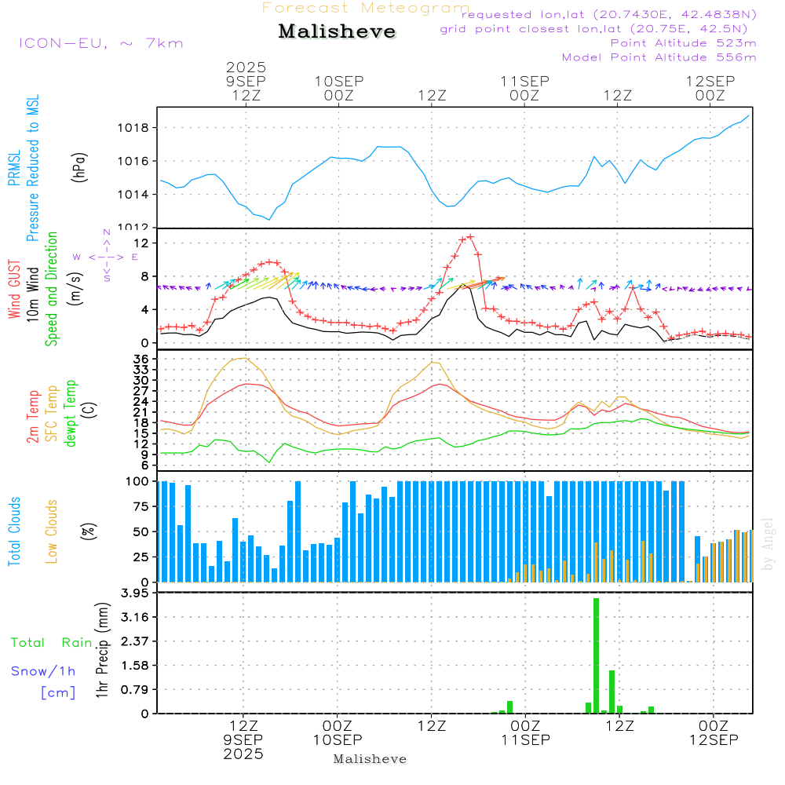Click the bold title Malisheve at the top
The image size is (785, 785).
point(337,31)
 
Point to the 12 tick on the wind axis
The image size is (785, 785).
point(143,243)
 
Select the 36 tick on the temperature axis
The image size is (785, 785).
point(141,359)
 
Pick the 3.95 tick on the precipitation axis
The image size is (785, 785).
point(134,593)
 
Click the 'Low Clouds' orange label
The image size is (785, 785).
point(53,531)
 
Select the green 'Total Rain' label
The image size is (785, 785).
point(51,643)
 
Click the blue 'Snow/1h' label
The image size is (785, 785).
point(43,671)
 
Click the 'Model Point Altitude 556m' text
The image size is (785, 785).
point(659,57)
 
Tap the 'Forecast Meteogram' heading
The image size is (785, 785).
point(366,8)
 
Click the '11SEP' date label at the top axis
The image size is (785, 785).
point(524,81)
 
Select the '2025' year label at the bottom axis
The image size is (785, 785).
point(243,754)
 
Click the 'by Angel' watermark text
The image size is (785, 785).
point(768,543)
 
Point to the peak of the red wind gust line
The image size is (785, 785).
point(470,236)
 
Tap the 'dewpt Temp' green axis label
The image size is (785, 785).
point(71,414)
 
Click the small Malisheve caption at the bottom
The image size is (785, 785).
point(370,759)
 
